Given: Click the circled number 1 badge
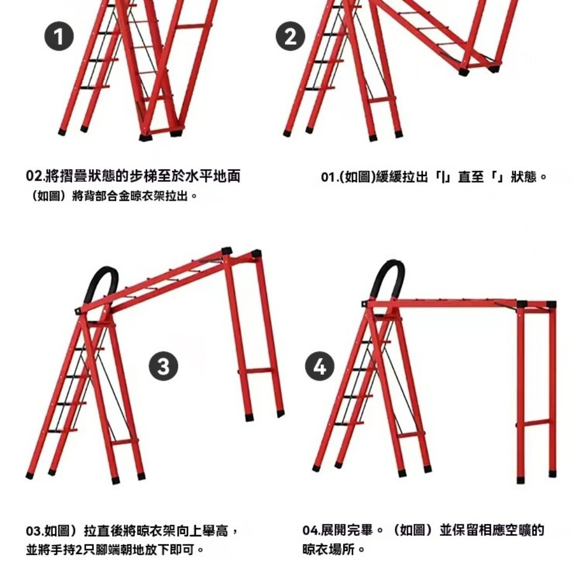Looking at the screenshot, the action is coord(59,36).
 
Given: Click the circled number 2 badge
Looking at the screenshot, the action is coord(290,36).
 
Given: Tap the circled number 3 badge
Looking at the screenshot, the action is coord(163,365).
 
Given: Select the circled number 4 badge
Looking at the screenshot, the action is coord(320,366).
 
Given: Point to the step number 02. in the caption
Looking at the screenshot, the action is coord(35,175).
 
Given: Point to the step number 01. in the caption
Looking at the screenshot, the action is coord(330,177).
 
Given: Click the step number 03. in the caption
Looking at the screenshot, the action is coord(35,531).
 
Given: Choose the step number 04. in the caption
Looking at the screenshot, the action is coord(311,530).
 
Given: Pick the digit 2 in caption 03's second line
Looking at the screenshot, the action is coord(78,550).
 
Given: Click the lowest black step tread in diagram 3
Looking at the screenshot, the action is coord(62,431).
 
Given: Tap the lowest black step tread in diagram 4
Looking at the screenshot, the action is coord(349,424).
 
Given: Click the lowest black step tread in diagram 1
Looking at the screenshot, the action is coord(95,88).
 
